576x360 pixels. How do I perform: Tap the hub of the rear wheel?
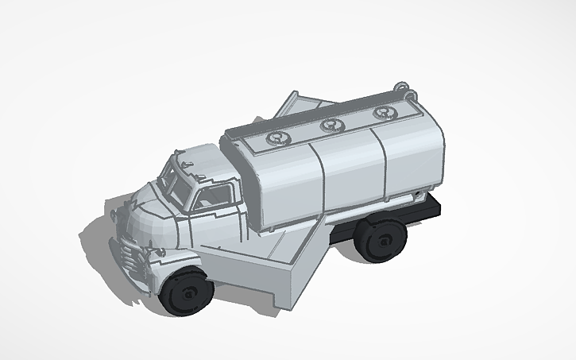[x=385, y=238]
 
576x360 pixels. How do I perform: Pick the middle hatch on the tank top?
[x=331, y=125]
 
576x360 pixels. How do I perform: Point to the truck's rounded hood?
[x=147, y=219]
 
